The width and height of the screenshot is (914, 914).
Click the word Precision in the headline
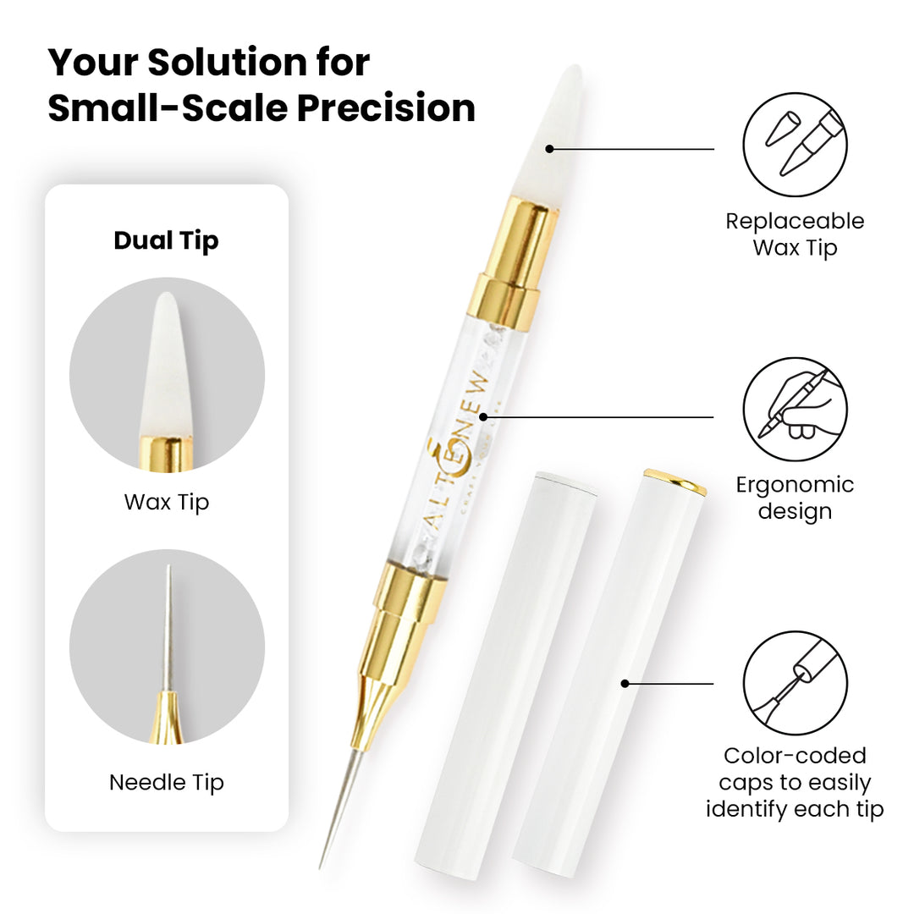click(386, 107)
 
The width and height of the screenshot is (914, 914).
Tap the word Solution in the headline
click(227, 62)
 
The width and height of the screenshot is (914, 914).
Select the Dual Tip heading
click(166, 241)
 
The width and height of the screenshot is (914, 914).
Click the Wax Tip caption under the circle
click(166, 503)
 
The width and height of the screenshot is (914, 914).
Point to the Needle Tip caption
click(166, 783)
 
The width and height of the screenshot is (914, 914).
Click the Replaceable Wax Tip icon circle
click(795, 145)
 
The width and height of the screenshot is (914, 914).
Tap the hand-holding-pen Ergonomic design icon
click(795, 410)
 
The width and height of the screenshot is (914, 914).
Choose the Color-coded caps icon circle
click(795, 683)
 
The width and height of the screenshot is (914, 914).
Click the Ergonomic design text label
click(795, 498)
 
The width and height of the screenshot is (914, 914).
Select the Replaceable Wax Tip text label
click(795, 234)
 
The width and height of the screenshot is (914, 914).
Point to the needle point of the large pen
click(320, 868)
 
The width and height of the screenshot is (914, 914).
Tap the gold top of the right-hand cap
click(675, 481)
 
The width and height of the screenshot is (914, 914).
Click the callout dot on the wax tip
click(549, 149)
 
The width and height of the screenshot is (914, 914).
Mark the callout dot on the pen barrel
click(483, 417)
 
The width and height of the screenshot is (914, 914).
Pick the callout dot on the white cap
click(625, 683)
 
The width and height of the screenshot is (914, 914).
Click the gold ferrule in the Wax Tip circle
click(166, 453)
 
